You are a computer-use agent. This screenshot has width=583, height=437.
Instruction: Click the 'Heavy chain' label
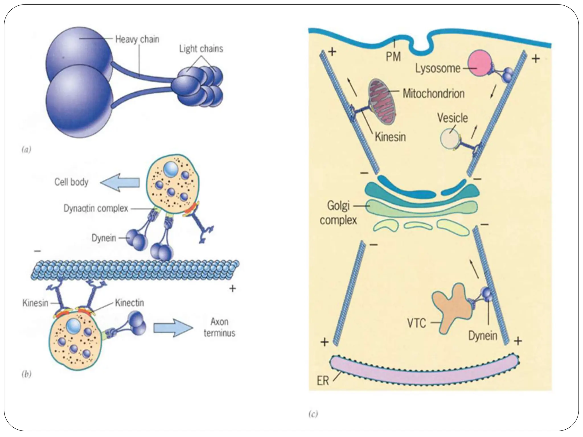(x=137, y=39)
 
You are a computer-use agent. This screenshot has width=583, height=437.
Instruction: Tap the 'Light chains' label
(x=201, y=49)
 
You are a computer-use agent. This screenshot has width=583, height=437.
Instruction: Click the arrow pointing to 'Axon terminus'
(x=173, y=328)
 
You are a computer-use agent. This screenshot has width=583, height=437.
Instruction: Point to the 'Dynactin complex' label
(x=96, y=209)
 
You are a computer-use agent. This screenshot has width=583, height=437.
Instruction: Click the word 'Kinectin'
(x=130, y=302)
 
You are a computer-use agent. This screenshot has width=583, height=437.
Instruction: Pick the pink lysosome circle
(x=480, y=63)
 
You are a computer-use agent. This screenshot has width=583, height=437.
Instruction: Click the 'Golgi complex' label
(x=338, y=213)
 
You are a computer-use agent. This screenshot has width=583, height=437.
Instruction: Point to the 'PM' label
(x=393, y=57)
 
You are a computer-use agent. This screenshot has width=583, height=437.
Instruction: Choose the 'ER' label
(x=323, y=381)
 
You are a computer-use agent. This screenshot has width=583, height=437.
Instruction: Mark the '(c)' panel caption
(x=313, y=414)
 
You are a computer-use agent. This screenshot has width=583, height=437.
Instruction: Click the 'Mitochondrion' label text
(x=433, y=93)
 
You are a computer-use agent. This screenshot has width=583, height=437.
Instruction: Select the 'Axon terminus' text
(x=219, y=327)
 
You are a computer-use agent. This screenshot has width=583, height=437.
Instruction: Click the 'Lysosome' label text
(x=438, y=68)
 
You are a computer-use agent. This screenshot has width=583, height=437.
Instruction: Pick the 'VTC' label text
(x=416, y=323)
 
